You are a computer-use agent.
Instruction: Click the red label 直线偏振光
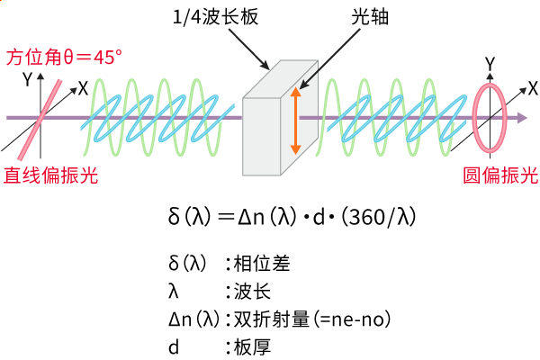[50, 175]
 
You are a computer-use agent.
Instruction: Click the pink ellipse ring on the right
[490, 117]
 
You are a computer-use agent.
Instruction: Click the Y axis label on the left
[28, 79]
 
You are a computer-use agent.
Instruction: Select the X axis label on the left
[83, 87]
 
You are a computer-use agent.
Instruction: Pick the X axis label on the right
[532, 87]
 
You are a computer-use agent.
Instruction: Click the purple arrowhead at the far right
[529, 117]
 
